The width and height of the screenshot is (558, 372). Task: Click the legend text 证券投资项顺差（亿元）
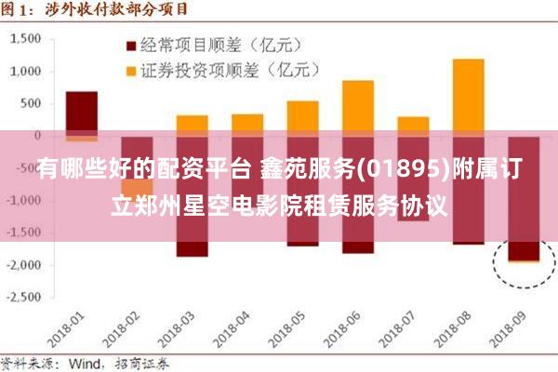[x=229, y=69]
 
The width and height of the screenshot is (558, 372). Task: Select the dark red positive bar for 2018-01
[x=82, y=112]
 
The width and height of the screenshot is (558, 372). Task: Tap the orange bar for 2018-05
[x=302, y=115]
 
